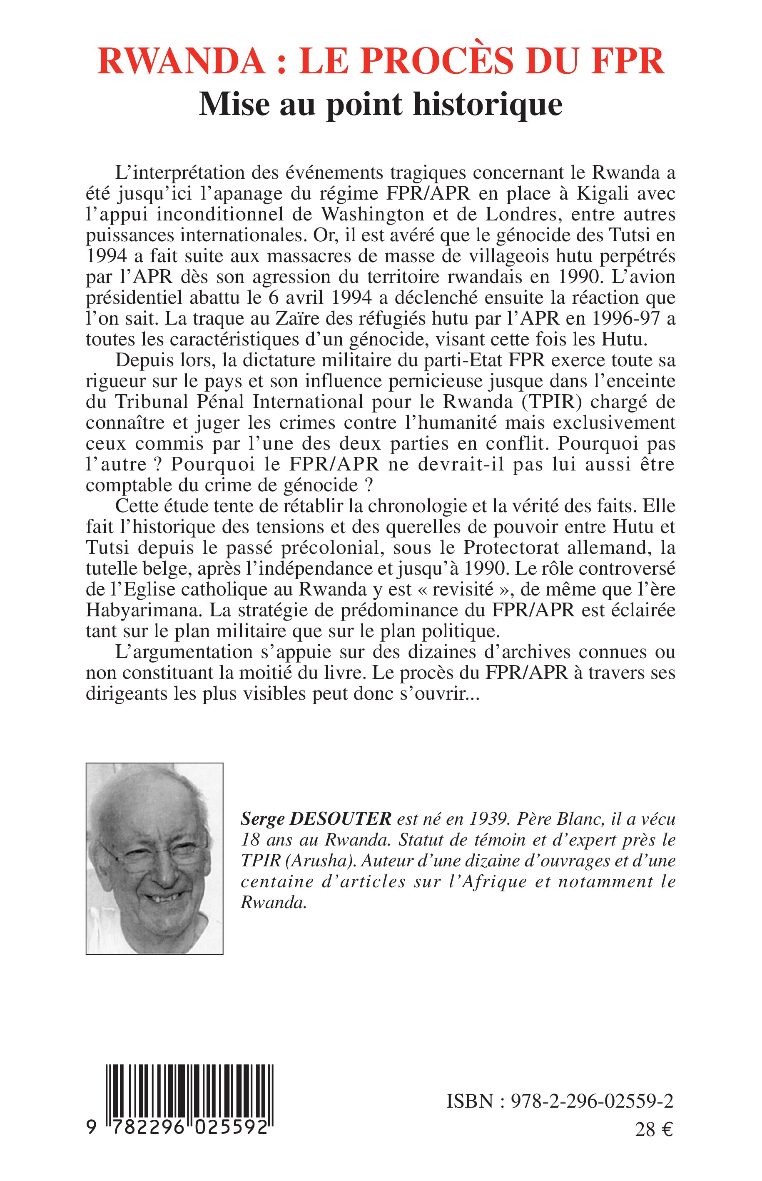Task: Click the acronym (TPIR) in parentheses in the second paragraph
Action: [543, 402]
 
